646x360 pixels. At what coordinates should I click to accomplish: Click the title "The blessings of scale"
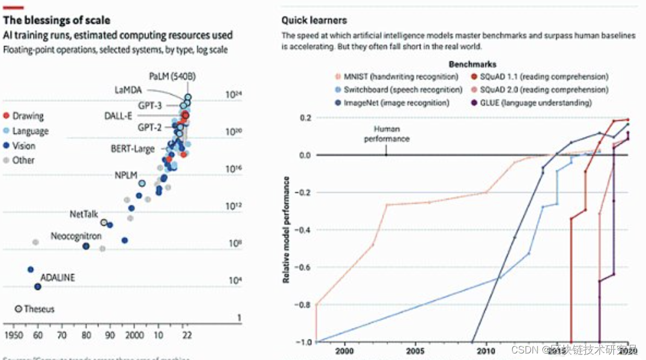57,21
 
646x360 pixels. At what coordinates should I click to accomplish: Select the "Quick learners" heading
314,21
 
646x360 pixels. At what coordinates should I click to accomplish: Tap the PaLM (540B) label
172,76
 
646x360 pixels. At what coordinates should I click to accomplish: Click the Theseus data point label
39,309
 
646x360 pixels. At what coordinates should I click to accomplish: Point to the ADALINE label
58,278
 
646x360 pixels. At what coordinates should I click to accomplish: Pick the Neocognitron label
76,237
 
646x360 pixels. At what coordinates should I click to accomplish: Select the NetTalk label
83,214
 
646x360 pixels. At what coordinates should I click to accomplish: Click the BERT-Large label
133,148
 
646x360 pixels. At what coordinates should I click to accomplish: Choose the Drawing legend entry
28,116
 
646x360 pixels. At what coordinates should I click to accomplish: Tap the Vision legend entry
23,146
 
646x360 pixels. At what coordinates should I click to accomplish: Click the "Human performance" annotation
387,134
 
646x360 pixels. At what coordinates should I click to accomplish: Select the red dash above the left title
13,7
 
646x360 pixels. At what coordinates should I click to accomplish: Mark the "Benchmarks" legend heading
472,64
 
